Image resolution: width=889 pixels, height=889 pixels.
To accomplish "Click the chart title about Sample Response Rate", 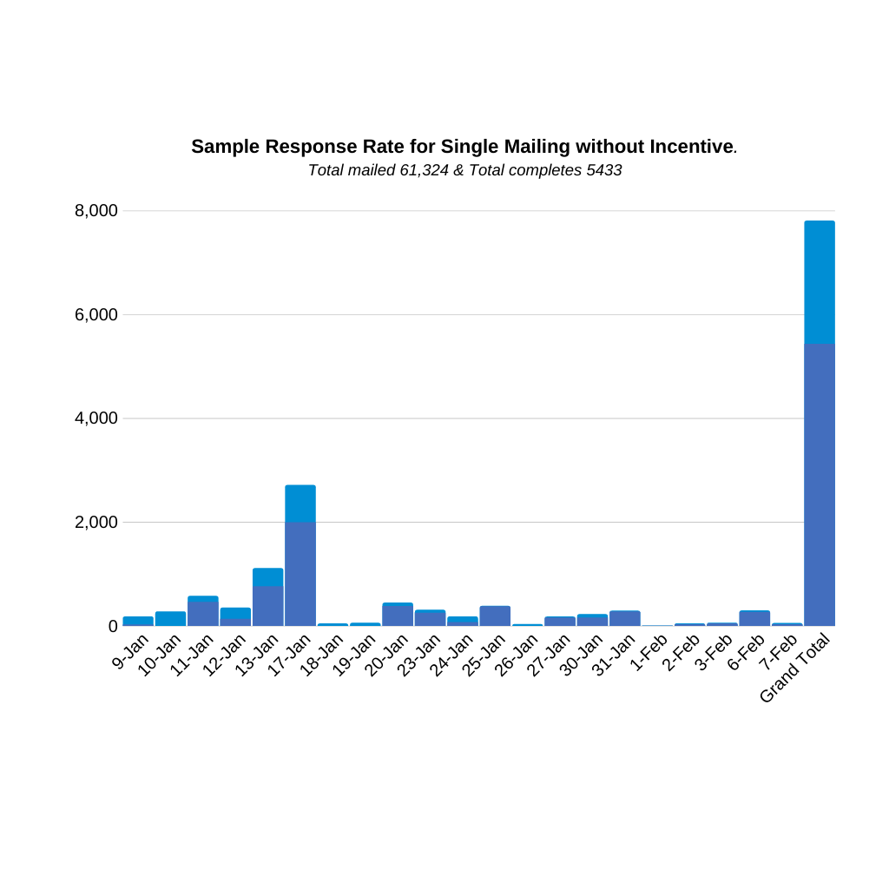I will [x=464, y=147].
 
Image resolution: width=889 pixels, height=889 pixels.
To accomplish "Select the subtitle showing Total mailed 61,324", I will [x=464, y=170].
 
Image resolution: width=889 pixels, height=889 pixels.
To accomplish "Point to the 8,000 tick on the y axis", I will [x=95, y=211].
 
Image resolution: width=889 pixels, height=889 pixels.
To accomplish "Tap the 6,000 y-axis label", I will [x=95, y=314].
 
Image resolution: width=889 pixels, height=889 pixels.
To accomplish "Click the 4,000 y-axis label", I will [x=95, y=418].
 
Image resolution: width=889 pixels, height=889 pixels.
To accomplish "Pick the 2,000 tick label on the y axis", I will [x=95, y=522].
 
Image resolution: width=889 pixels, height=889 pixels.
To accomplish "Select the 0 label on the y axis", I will [x=113, y=626].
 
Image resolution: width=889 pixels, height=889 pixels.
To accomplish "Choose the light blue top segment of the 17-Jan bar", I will [x=300, y=504].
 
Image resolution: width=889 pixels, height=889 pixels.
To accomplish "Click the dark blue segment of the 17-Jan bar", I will [x=300, y=574].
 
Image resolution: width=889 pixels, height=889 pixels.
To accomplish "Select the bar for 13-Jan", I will [x=268, y=599].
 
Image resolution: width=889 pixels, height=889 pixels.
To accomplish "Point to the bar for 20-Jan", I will [x=398, y=615].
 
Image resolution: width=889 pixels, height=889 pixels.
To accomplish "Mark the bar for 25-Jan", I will [x=495, y=616].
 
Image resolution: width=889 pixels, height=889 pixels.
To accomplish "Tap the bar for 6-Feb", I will [x=754, y=618].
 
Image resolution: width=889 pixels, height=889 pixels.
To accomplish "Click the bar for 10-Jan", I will [x=170, y=619].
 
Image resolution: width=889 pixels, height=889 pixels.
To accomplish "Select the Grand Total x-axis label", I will [x=796, y=668].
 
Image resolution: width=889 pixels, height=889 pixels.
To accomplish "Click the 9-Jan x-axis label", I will [x=131, y=651].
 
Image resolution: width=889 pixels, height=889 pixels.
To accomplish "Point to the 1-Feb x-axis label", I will [x=649, y=652].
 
